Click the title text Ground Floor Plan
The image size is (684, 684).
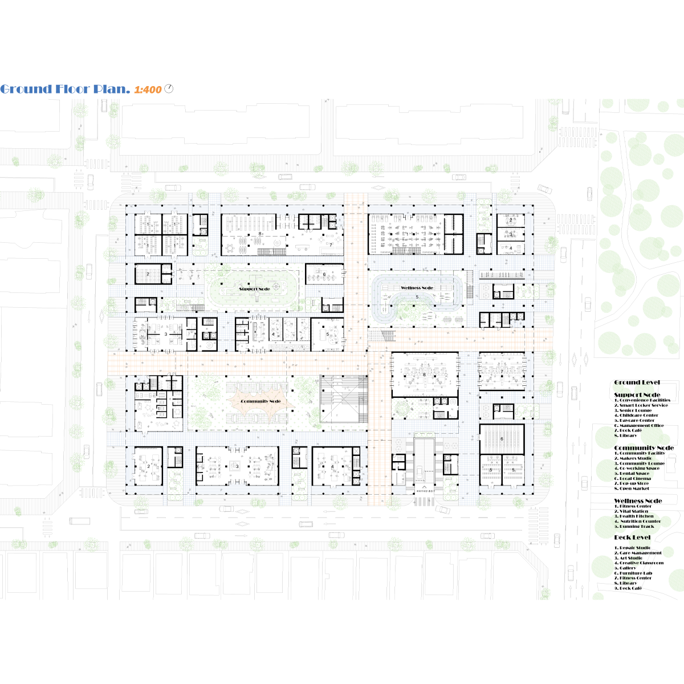click(x=65, y=89)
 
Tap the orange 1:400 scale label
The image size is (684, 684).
click(x=148, y=90)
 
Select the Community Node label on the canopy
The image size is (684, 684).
click(x=260, y=402)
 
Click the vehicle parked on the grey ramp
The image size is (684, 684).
click(x=420, y=473)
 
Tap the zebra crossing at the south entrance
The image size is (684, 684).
click(x=424, y=502)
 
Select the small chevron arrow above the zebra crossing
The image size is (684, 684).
click(x=424, y=487)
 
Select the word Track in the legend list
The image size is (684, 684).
click(x=647, y=526)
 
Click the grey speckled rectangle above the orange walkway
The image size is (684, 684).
click(x=290, y=347)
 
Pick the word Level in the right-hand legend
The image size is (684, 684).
click(x=641, y=538)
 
